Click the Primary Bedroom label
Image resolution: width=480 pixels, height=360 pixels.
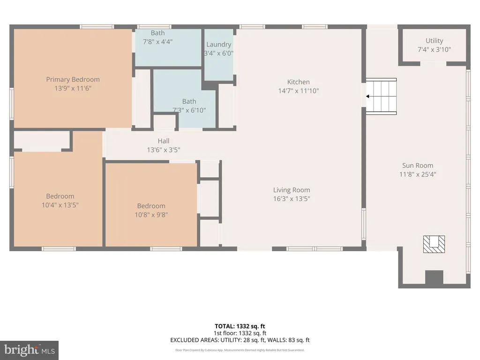click(x=73, y=80)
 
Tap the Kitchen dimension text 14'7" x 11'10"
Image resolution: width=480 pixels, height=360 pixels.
click(x=299, y=91)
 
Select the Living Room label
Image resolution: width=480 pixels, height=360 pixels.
click(x=292, y=190)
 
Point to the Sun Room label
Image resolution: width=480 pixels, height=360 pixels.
click(x=418, y=165)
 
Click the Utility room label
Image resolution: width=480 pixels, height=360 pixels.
click(x=434, y=41)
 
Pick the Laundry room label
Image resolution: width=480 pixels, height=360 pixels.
click(x=218, y=45)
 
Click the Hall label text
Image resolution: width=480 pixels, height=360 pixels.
click(x=164, y=141)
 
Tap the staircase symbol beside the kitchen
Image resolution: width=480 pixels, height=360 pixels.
click(x=381, y=97)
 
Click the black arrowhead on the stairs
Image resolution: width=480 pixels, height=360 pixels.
click(x=367, y=97)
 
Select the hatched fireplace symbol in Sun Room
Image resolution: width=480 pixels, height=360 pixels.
click(x=434, y=244)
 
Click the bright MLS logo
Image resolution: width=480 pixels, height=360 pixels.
click(x=29, y=350)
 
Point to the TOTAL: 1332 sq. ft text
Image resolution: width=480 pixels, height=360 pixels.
click(x=240, y=326)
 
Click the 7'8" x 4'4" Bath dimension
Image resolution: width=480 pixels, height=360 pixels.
click(x=157, y=42)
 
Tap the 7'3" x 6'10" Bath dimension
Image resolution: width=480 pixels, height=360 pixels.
click(x=189, y=110)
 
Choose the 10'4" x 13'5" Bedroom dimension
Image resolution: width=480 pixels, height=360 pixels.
click(x=60, y=205)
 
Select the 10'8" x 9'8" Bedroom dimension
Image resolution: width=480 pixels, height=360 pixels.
click(x=151, y=215)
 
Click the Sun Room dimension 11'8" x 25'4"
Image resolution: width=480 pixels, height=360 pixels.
click(x=418, y=174)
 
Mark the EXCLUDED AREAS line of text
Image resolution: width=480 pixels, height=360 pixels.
click(x=240, y=340)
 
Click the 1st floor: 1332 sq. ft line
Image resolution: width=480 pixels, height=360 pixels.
click(x=240, y=333)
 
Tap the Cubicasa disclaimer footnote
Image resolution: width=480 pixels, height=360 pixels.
click(x=240, y=350)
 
